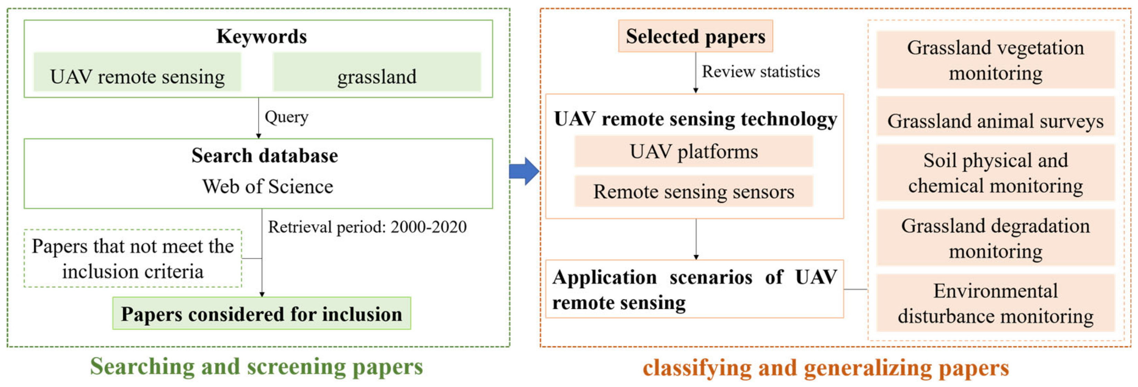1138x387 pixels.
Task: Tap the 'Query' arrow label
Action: pos(286,117)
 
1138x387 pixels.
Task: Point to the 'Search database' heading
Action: pos(265,156)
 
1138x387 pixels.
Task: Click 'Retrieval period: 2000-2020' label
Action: pos(367,227)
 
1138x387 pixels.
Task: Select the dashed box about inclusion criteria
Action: pos(133,258)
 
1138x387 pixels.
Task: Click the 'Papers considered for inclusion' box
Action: pos(262,314)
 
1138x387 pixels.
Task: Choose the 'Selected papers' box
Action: pos(695,36)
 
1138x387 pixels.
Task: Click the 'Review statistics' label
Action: pos(761,72)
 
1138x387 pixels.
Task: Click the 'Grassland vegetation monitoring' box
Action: pos(995,60)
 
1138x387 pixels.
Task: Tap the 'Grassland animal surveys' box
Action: pos(995,120)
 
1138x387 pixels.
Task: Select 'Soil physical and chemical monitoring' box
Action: pos(995,173)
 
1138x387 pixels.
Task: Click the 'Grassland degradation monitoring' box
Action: pos(995,238)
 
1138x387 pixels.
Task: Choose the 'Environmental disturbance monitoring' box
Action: pos(995,303)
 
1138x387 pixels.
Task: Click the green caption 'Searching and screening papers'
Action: pos(256,367)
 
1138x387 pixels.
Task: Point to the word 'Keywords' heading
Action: pos(262,36)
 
